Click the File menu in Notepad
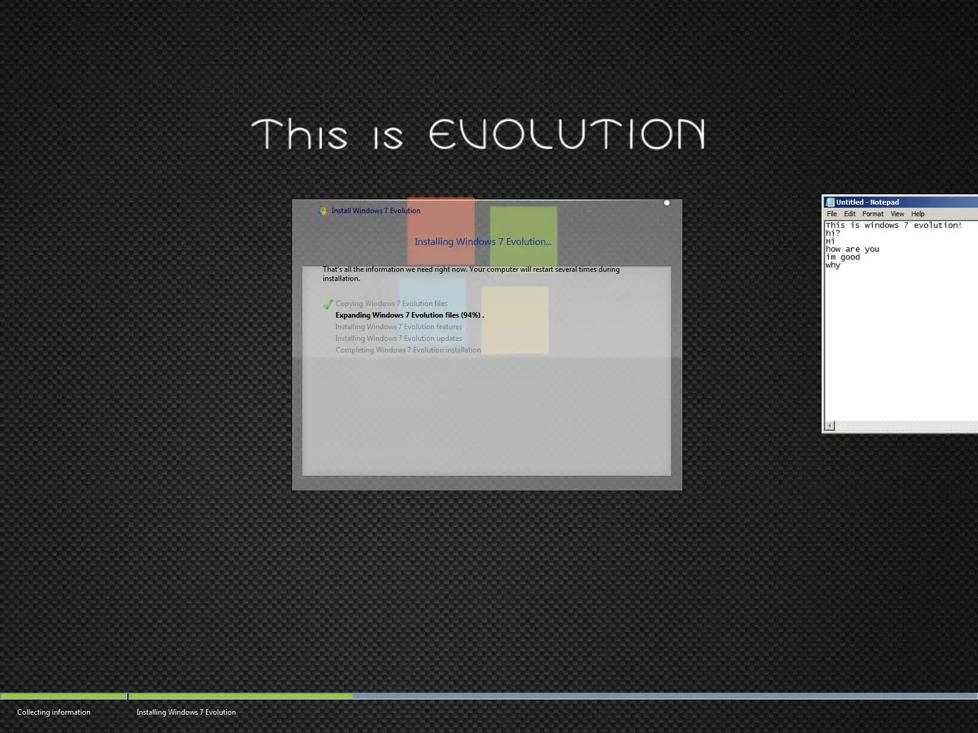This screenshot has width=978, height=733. [832, 214]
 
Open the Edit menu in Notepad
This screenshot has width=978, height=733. [850, 214]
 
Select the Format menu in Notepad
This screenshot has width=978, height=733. [873, 214]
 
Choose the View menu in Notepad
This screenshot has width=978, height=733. [897, 214]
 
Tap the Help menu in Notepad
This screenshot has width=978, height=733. [918, 214]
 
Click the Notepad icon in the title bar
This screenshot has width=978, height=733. [830, 202]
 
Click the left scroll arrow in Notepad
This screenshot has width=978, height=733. [829, 426]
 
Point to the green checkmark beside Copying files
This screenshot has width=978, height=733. [328, 304]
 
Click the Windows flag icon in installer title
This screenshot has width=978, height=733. [323, 211]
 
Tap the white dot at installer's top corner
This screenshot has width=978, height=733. [666, 203]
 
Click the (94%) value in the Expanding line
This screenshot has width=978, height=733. [471, 315]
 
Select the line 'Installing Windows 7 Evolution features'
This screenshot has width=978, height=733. [399, 327]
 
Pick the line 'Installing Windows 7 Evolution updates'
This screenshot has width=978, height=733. [399, 338]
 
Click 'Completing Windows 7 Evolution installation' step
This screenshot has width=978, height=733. [408, 350]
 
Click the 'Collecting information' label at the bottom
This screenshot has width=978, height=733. [53, 712]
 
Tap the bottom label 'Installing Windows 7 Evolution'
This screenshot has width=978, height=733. [186, 712]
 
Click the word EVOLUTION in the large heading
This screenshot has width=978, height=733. [567, 134]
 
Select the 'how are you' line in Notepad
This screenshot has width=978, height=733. [852, 249]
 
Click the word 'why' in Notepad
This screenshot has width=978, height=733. [833, 265]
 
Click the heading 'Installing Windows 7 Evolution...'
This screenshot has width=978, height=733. [483, 242]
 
